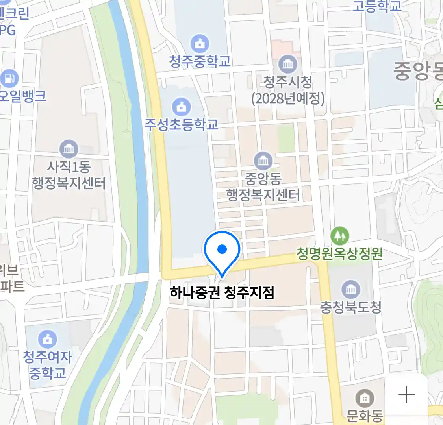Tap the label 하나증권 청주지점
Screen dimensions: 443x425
[222, 293]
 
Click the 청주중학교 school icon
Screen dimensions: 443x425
[200, 44]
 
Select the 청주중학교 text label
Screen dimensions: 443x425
[200, 61]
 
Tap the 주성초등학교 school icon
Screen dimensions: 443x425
[181, 107]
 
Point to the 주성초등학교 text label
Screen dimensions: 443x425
[181, 125]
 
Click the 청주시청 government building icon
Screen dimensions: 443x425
[288, 64]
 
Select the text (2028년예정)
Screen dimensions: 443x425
[288, 98]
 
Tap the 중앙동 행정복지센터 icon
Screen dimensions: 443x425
[263, 161]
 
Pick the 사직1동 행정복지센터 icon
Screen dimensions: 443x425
[69, 149]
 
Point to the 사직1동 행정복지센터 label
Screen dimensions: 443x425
[69, 175]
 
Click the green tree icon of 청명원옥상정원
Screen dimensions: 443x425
[339, 235]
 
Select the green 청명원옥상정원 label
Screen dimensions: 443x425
[339, 253]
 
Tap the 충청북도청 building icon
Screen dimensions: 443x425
[350, 290]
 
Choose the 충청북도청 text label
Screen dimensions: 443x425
[350, 307]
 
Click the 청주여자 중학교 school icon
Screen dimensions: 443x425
[47, 339]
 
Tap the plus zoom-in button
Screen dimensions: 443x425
[406, 395]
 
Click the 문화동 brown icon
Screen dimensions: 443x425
[365, 399]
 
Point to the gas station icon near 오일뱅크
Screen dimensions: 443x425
[9, 78]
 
